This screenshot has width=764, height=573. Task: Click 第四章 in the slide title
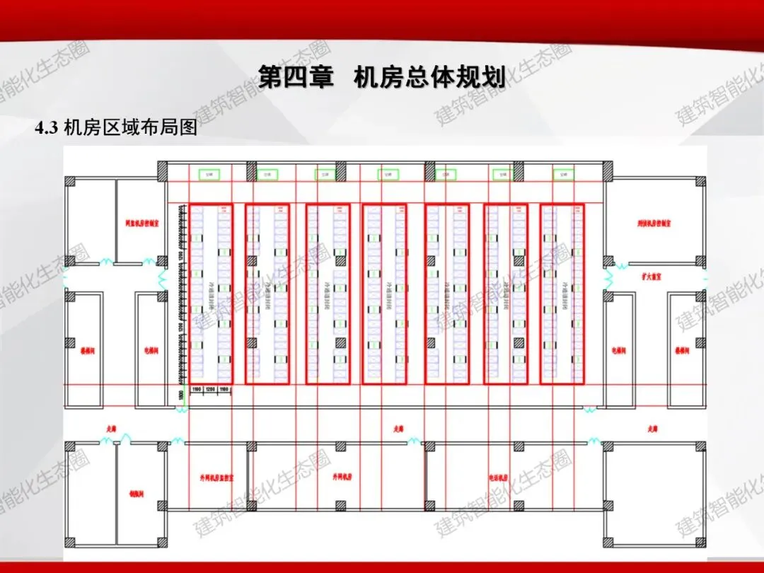tap(296, 76)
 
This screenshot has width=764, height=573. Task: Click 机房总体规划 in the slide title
tap(429, 76)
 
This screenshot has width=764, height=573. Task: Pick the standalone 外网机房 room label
tap(342, 477)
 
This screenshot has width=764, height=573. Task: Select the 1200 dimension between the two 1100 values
tap(210, 389)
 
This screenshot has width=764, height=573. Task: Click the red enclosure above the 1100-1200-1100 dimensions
tap(210, 294)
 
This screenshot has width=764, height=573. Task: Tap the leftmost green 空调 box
tap(209, 173)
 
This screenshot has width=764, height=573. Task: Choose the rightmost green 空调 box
tap(563, 173)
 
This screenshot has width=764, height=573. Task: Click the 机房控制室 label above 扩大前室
tap(653, 223)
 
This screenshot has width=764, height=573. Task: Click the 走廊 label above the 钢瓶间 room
tap(110, 428)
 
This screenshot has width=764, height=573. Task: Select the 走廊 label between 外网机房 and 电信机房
tap(398, 428)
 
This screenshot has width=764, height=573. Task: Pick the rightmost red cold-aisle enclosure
tap(562, 294)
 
